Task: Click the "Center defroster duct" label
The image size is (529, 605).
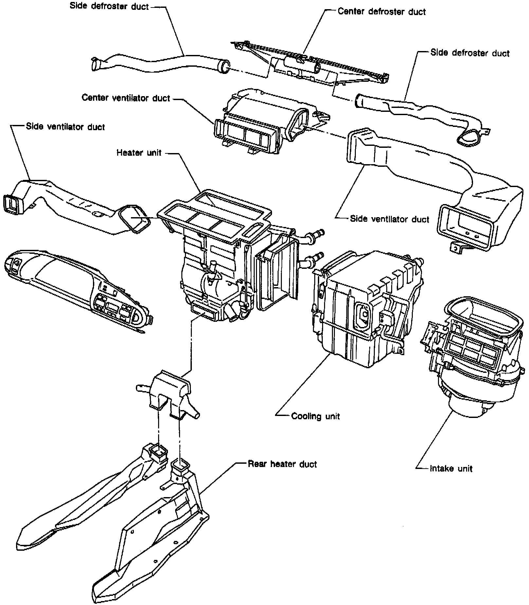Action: coord(381,12)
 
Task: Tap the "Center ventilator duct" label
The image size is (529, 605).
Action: coord(126,98)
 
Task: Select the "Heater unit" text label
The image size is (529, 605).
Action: coord(139,152)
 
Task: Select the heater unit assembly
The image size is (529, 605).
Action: coord(223,262)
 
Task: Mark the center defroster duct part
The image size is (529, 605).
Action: coord(314,65)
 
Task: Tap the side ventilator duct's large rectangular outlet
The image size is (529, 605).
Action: coord(465,226)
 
